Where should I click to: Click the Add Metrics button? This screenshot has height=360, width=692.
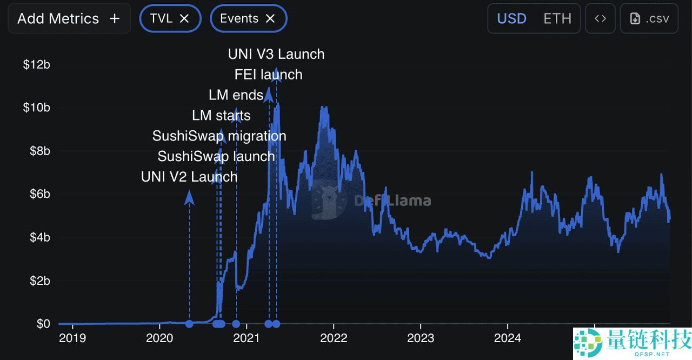(69, 18)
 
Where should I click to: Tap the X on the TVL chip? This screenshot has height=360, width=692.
(184, 18)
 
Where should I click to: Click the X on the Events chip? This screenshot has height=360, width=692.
(270, 18)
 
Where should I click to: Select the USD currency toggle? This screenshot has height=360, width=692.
(511, 18)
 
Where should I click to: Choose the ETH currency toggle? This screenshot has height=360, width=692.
(557, 18)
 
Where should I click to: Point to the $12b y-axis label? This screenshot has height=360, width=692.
(36, 65)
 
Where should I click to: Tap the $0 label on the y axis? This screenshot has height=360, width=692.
(43, 324)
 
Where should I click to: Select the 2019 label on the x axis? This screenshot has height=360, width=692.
(72, 338)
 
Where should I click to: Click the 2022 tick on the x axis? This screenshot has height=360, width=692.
(334, 338)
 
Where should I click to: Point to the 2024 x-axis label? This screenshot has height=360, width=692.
(508, 338)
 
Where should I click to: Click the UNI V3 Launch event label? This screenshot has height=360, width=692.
(276, 54)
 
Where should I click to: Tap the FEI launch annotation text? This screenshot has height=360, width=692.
(268, 75)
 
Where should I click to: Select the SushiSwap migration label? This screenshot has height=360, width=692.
(219, 136)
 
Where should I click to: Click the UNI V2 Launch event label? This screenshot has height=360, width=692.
(189, 177)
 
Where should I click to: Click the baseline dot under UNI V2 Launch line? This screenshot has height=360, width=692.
(189, 324)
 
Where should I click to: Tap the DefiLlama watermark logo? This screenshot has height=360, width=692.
(330, 201)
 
